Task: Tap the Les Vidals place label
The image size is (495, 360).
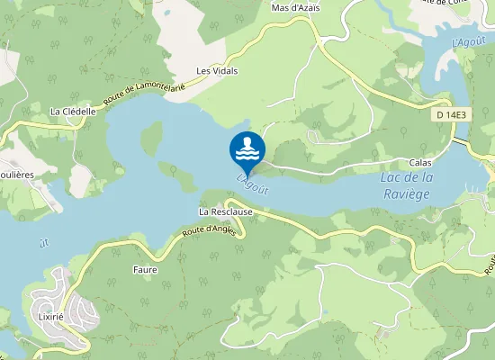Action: click(x=217, y=70)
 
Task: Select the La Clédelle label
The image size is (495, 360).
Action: click(x=73, y=112)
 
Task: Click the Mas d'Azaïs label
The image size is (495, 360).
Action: click(x=295, y=8)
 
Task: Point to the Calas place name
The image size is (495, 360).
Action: click(x=419, y=163)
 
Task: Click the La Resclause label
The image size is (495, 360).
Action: click(x=226, y=211)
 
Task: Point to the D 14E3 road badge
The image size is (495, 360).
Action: click(x=452, y=114)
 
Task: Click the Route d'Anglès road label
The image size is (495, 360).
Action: click(x=208, y=232)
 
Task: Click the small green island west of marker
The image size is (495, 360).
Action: click(x=151, y=137)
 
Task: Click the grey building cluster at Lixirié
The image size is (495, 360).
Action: click(x=63, y=306)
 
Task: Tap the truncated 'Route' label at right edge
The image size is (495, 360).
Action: click(x=490, y=262)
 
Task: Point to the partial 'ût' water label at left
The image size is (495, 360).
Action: click(x=44, y=243)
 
